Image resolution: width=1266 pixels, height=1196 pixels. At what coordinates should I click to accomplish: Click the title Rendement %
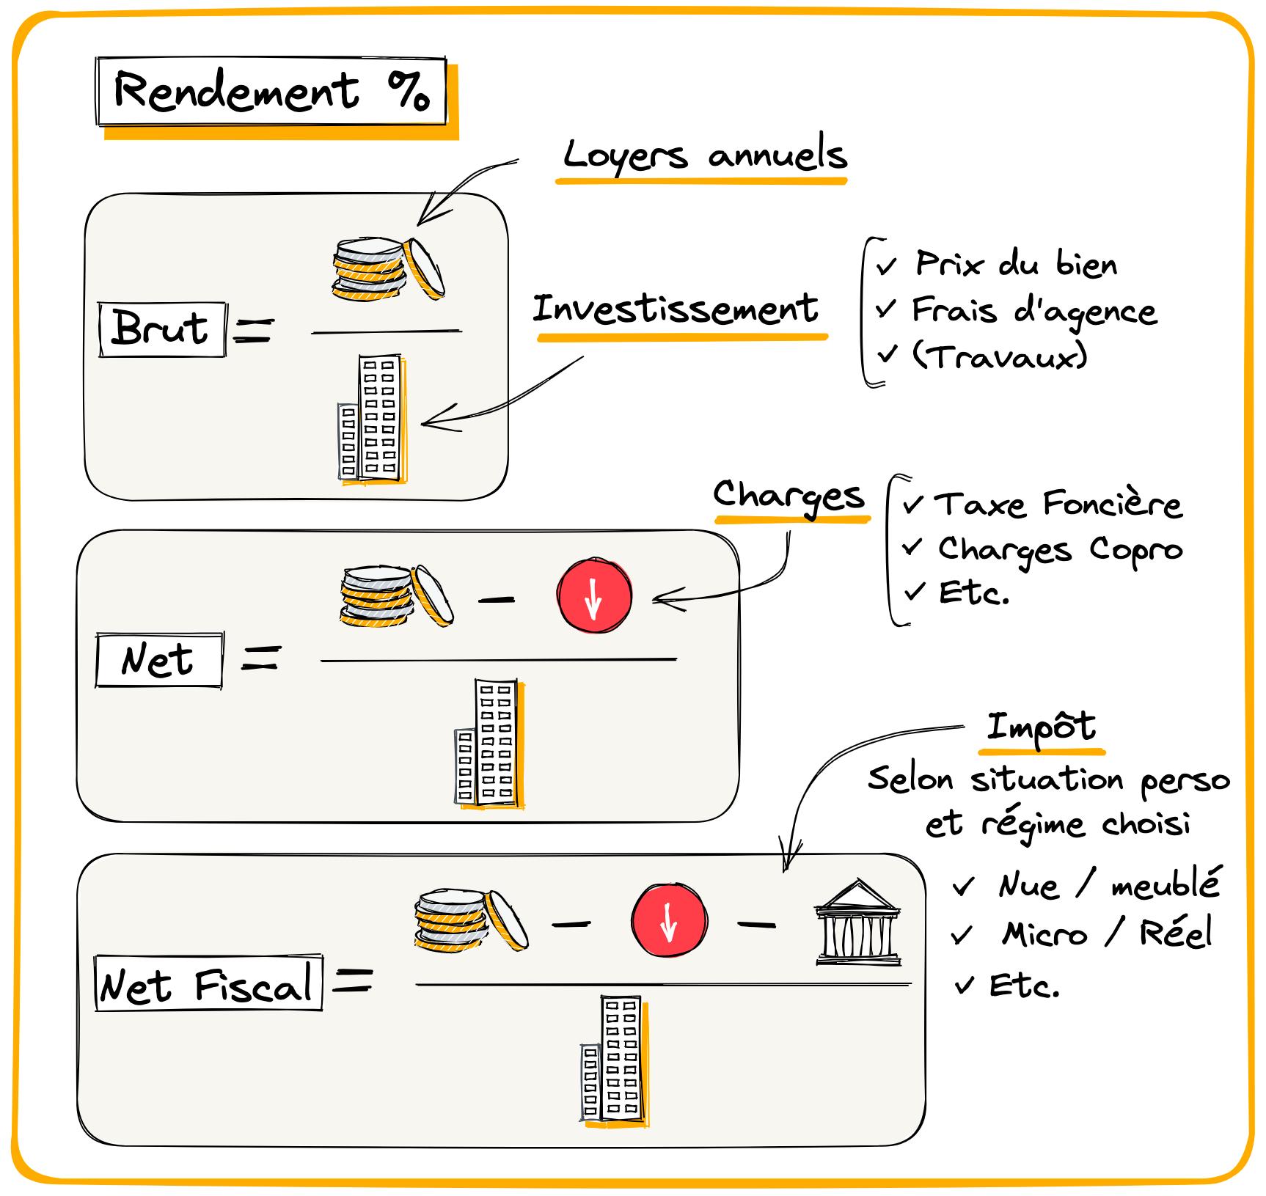click(x=271, y=92)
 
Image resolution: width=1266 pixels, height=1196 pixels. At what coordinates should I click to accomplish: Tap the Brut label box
click(x=162, y=329)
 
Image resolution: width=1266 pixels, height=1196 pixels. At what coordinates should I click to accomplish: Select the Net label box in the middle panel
click(x=158, y=660)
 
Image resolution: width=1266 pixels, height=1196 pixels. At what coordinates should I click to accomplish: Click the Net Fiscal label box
click(x=208, y=984)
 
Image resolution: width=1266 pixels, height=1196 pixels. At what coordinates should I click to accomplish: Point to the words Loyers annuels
click(x=704, y=155)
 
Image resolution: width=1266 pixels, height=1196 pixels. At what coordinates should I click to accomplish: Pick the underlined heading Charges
click(x=789, y=496)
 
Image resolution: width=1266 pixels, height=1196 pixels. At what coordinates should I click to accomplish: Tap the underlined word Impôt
click(x=1041, y=727)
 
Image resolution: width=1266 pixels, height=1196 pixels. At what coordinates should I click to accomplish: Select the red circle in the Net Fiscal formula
click(x=669, y=920)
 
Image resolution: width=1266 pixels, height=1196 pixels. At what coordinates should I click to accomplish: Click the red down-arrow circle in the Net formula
click(x=594, y=595)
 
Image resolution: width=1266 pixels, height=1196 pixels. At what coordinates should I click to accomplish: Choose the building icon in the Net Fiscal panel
click(x=613, y=1060)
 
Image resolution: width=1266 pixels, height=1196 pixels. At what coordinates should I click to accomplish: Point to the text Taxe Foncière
click(x=1058, y=505)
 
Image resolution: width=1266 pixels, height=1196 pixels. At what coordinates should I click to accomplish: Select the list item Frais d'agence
click(x=1034, y=311)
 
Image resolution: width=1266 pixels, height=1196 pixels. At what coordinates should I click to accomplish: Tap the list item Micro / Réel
click(x=1107, y=933)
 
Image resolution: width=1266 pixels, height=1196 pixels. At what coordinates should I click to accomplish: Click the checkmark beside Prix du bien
click(x=887, y=265)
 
